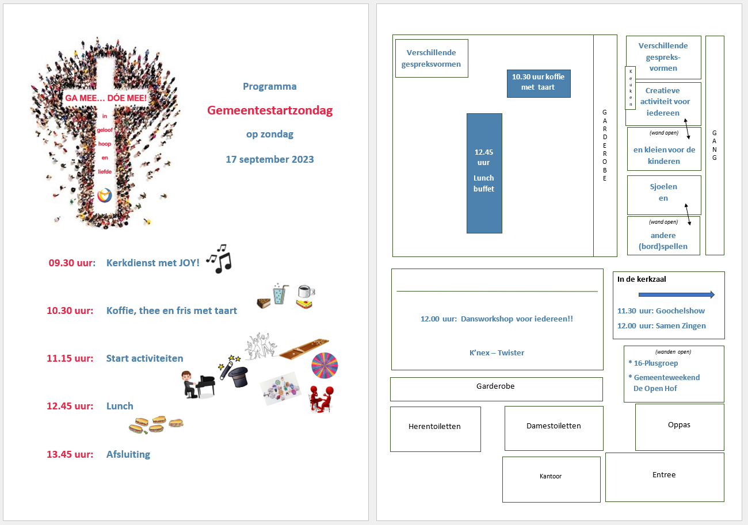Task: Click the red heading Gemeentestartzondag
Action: pos(270,110)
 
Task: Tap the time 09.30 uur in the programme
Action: pos(72,263)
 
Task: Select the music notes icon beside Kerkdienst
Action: pos(219,259)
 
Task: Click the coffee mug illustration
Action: pos(306,291)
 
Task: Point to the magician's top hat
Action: pos(238,377)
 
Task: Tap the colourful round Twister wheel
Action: pos(325,366)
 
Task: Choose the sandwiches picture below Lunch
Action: pos(156,425)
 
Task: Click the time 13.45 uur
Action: pos(70,454)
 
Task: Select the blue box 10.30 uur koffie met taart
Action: pos(539,83)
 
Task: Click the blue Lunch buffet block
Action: pos(484,173)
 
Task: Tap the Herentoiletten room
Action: pos(436,429)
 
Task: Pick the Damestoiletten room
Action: pos(554,428)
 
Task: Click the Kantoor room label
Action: pos(551,476)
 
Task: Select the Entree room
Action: pos(665,477)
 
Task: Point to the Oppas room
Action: pos(680,427)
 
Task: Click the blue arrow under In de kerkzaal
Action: pos(677,294)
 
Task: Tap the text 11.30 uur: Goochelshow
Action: pos(661,311)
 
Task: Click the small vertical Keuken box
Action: pos(631,88)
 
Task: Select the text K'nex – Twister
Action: pos(497,353)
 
